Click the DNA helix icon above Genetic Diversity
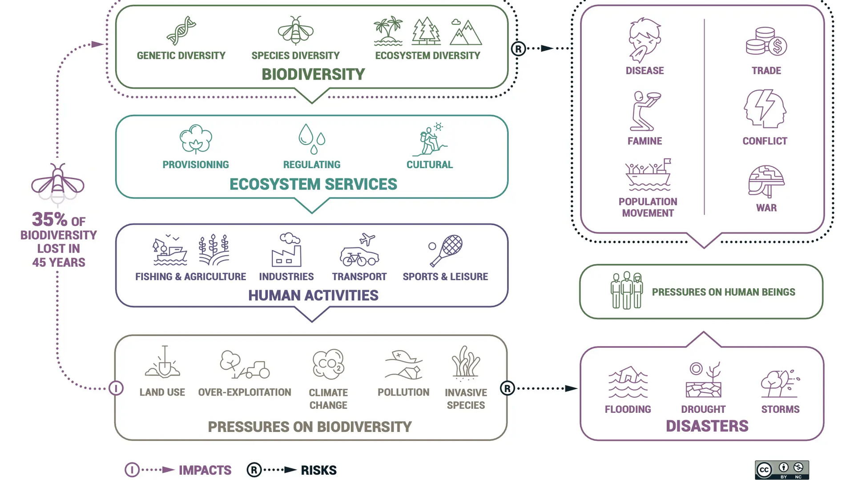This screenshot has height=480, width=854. point(181,31)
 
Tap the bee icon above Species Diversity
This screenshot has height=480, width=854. point(296,31)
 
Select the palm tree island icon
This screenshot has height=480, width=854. point(388,31)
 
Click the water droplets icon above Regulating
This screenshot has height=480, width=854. point(312,139)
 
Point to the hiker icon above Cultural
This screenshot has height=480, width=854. point(430,140)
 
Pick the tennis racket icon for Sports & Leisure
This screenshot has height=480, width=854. point(446,250)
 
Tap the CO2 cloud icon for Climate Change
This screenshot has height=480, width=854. point(328,364)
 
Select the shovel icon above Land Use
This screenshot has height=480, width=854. point(163,363)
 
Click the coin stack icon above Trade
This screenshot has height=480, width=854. point(766,42)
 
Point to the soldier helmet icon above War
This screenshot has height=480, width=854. point(766,182)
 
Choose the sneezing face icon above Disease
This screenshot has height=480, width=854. point(645,40)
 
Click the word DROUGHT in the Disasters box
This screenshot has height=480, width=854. point(703,409)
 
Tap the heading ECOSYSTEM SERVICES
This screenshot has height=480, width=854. point(313,184)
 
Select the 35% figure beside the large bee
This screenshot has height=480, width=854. point(50,219)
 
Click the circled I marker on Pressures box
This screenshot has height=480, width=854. point(116,388)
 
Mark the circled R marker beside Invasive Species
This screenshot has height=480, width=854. point(508,388)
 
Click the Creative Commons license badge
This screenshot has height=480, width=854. point(781,470)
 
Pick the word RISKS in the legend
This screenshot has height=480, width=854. point(318,470)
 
